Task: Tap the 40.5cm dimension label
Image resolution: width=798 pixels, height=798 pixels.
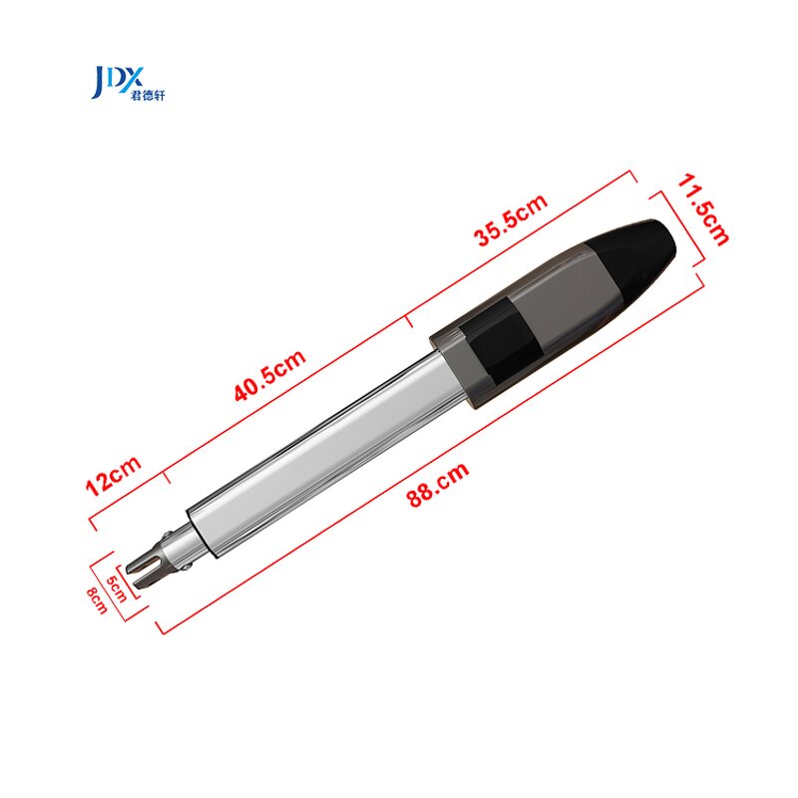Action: [269, 376]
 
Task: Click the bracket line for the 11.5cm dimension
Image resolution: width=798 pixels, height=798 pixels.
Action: [681, 227]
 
